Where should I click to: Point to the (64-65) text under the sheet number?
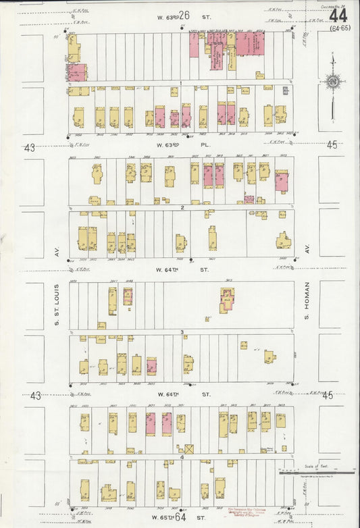tap(340, 28)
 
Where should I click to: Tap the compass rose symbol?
tap(332, 82)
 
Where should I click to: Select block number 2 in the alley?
tap(182, 207)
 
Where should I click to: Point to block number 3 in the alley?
tap(182, 332)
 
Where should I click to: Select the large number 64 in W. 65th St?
tap(180, 517)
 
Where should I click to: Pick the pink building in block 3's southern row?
tap(151, 367)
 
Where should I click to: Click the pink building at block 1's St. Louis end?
tap(76, 72)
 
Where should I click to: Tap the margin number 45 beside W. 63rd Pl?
tap(331, 145)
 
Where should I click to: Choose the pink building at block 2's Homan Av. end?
tap(281, 181)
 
